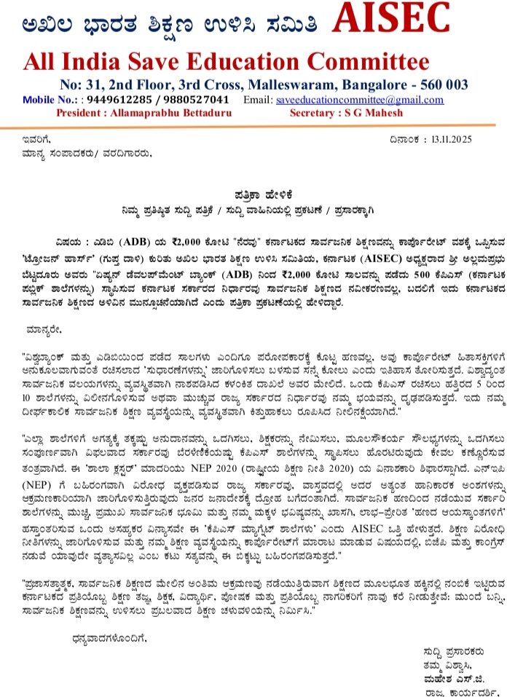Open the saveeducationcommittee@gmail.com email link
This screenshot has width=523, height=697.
pyautogui.click(x=359, y=100)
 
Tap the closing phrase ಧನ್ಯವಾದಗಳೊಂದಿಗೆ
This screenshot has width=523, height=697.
pyautogui.click(x=110, y=638)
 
